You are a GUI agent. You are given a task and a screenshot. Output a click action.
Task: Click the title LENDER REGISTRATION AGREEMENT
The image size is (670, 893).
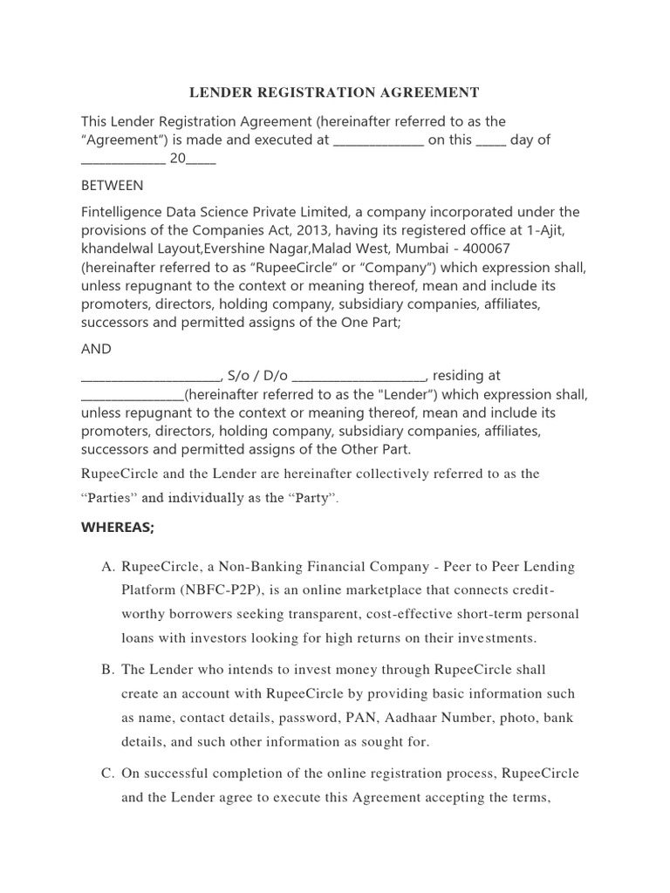click(335, 92)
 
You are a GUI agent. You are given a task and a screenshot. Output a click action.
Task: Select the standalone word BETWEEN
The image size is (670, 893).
click(113, 186)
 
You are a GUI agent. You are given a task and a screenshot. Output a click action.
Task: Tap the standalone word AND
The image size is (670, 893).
click(96, 349)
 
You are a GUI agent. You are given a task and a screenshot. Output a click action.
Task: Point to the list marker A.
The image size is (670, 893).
click(108, 567)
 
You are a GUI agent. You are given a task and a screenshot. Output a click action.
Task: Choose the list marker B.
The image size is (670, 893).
click(108, 670)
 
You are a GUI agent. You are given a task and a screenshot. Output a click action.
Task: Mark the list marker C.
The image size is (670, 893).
click(108, 774)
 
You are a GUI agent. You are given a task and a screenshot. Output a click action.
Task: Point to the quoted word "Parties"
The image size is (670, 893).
click(107, 499)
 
